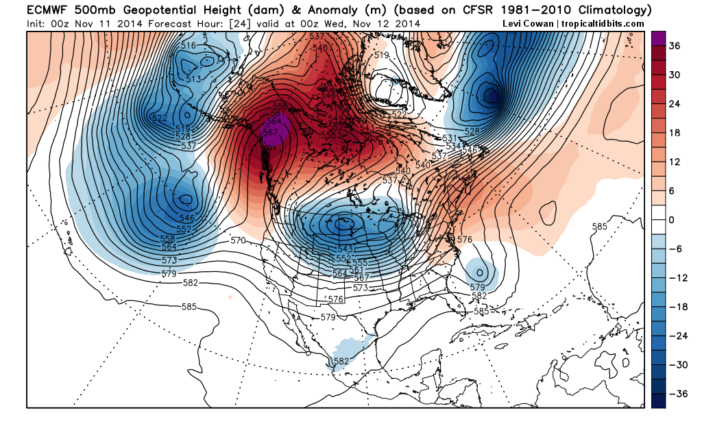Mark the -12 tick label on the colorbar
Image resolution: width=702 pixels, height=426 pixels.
[677, 278]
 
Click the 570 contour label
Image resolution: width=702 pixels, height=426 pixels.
[238, 240]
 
